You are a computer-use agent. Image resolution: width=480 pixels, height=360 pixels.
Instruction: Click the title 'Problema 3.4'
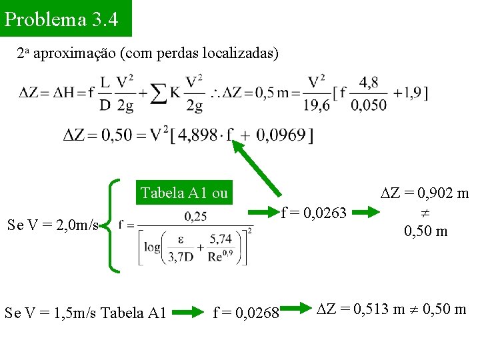point(61,19)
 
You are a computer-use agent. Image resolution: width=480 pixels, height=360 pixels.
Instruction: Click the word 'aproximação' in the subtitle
point(74,53)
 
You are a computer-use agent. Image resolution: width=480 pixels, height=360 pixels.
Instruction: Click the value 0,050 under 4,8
point(369,105)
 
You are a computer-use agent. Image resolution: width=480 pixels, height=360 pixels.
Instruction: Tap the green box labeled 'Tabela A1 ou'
point(184,193)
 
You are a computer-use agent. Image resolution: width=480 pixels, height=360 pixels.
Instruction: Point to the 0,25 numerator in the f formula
point(195,216)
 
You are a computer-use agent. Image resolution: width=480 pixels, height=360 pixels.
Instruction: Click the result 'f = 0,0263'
point(314,213)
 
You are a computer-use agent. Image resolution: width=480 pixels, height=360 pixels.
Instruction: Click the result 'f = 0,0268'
point(246,311)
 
